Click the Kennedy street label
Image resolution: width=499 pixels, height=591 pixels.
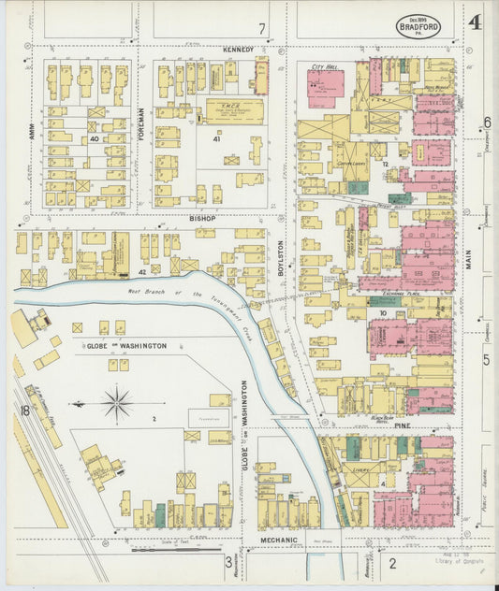(239, 49)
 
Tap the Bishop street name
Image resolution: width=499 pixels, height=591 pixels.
(202, 218)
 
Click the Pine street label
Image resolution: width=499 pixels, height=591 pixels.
(403, 425)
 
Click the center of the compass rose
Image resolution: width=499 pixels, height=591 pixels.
(118, 405)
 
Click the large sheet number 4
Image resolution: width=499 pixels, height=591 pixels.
(475, 22)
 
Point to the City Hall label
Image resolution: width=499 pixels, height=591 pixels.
(324, 68)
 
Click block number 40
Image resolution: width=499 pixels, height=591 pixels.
(95, 139)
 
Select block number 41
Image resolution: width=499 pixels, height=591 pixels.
(216, 139)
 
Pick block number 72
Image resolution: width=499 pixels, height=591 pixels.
(385, 163)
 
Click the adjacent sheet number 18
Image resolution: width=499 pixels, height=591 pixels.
(22, 410)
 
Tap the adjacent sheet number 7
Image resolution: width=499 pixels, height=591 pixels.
(263, 28)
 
